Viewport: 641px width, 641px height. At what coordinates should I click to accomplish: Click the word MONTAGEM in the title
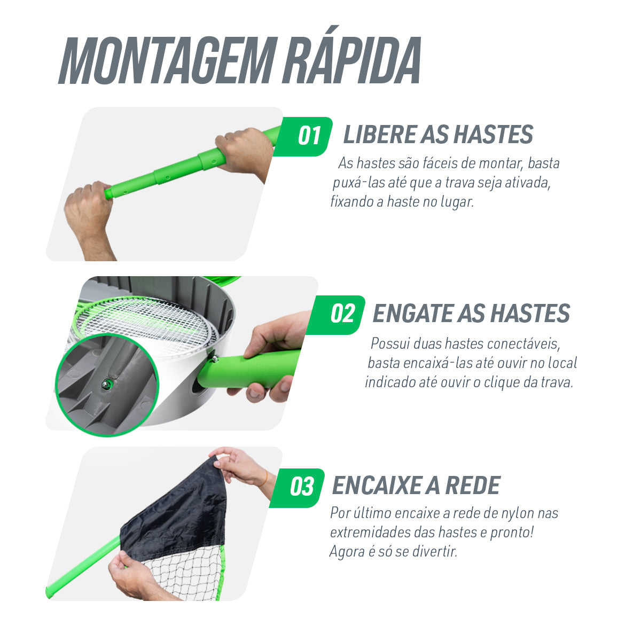point(168,60)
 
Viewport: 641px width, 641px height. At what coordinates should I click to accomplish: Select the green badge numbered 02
point(335,315)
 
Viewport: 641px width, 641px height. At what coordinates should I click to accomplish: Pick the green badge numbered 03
point(296,487)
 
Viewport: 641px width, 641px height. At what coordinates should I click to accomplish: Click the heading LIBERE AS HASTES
point(438,135)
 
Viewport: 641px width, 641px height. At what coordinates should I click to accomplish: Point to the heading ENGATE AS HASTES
point(471,314)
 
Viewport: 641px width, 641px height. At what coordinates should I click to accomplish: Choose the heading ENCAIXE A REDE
point(416,486)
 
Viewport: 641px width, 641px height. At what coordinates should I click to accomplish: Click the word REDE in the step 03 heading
point(473,486)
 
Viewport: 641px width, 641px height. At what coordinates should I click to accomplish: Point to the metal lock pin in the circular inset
point(107,384)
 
